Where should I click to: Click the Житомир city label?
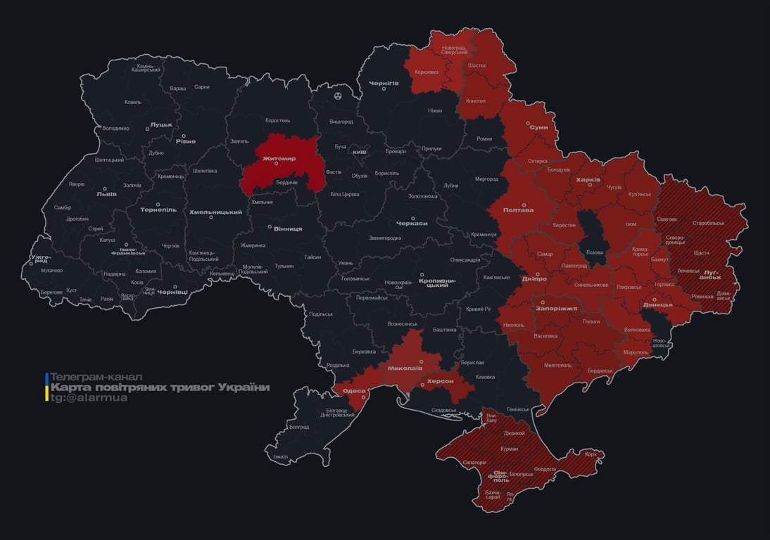pyautogui.click(x=279, y=159)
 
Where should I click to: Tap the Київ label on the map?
pyautogui.click(x=359, y=152)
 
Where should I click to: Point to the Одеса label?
pyautogui.click(x=354, y=391)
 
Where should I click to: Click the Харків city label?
pyautogui.click(x=588, y=180)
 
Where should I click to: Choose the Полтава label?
pyautogui.click(x=518, y=210)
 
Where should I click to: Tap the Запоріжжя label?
pyautogui.click(x=556, y=308)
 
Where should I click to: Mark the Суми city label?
pyautogui.click(x=538, y=127)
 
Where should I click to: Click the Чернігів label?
pyautogui.click(x=384, y=83)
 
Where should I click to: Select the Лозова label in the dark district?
pyautogui.click(x=594, y=252)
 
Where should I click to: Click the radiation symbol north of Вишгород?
pyautogui.click(x=339, y=95)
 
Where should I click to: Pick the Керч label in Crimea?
pyautogui.click(x=590, y=454)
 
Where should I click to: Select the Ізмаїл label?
pyautogui.click(x=280, y=456)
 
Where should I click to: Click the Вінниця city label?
pyautogui.click(x=288, y=229)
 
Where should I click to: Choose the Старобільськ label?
pyautogui.click(x=708, y=223)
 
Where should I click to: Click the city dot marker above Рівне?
pyautogui.click(x=184, y=136)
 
